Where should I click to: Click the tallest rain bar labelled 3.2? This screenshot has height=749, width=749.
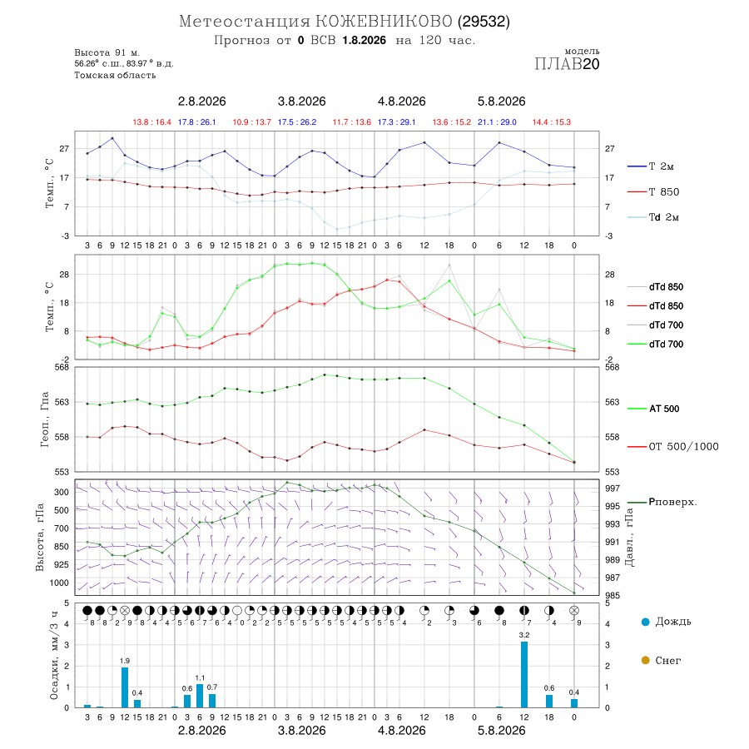pos(524,674)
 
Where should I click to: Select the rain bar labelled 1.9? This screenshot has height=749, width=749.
pos(125,688)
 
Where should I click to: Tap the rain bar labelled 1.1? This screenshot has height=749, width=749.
pos(200,696)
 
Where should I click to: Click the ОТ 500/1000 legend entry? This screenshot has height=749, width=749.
pos(672,447)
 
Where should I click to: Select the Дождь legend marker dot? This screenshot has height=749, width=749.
pos(645,622)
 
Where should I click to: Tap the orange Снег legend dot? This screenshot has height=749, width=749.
pos(645,660)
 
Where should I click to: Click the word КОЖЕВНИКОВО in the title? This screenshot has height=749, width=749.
pos(384,22)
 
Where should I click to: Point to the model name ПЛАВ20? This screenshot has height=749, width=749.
pos(567,64)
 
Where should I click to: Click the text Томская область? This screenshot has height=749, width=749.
pos(115,75)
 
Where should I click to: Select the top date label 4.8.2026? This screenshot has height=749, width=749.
pos(401,102)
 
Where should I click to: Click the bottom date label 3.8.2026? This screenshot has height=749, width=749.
pos(301,731)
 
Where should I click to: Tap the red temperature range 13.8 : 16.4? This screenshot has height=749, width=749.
pos(152,122)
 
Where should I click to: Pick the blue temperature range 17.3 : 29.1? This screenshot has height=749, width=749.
pos(396,122)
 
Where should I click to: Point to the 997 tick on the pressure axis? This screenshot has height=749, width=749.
pos(613,489)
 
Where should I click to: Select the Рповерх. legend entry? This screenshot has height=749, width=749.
pos(662,502)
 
